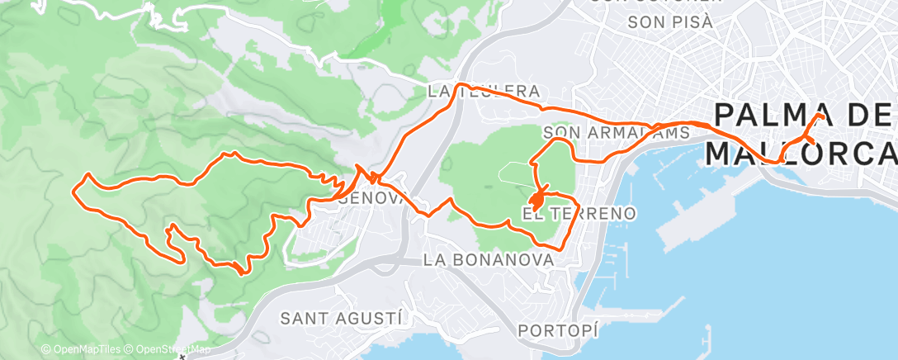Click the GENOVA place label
click(373, 199)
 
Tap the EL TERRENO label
click(579, 214)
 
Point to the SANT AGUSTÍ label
click(341, 317)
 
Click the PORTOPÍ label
click(557, 330)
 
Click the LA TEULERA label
click(484, 91)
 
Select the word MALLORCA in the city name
click(801, 153)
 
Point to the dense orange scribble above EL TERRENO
click(536, 200)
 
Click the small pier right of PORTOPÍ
click(707, 339)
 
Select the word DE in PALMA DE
click(867, 116)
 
